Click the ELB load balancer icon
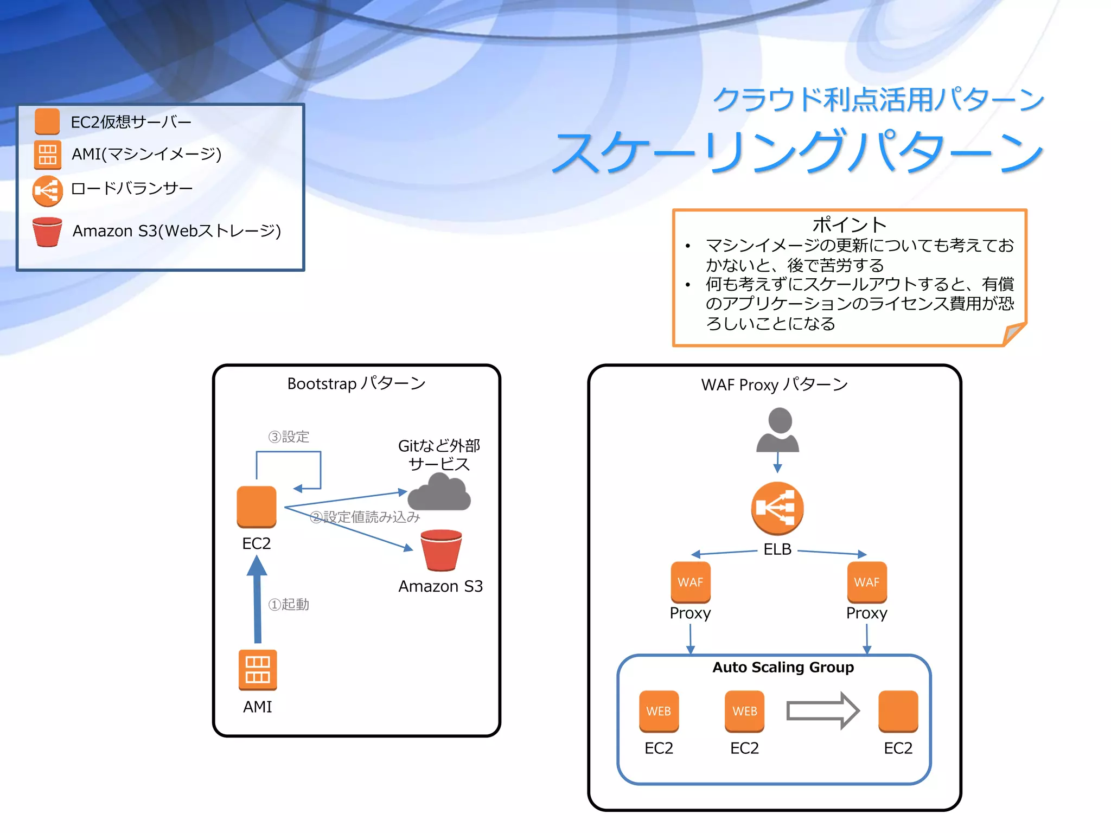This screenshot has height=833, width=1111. pyautogui.click(x=777, y=508)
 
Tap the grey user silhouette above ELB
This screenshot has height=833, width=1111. pyautogui.click(x=778, y=431)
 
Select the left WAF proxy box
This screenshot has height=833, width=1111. pyautogui.click(x=690, y=582)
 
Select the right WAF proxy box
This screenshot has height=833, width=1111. pyautogui.click(x=866, y=582)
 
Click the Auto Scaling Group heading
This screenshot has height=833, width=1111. pyautogui.click(x=783, y=667)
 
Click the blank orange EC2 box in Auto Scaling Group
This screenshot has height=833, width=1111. pyautogui.click(x=898, y=710)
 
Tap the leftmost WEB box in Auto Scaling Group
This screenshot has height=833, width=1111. pyautogui.click(x=659, y=710)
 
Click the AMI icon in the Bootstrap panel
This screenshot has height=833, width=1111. pyautogui.click(x=258, y=670)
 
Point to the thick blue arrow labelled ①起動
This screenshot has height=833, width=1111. pyautogui.click(x=257, y=599)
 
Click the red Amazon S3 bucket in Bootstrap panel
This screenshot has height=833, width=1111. pyautogui.click(x=441, y=550)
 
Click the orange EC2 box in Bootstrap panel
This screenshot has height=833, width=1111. pyautogui.click(x=257, y=507)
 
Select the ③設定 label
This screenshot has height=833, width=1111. pyautogui.click(x=289, y=437)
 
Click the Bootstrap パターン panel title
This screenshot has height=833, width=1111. pyautogui.click(x=356, y=383)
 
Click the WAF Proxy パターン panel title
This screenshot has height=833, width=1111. pyautogui.click(x=774, y=385)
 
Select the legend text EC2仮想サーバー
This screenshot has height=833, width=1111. pyautogui.click(x=131, y=122)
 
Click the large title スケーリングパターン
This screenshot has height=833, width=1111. pyautogui.click(x=797, y=152)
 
